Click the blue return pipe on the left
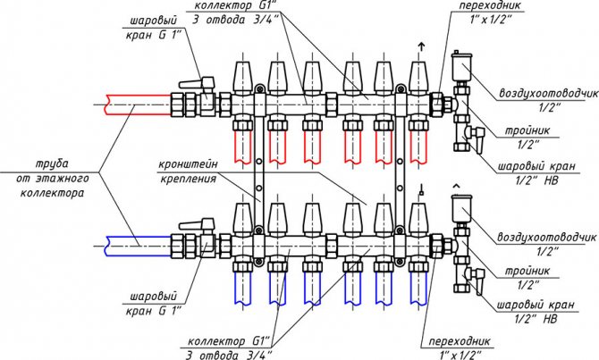(134, 241)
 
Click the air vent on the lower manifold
(462, 206)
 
